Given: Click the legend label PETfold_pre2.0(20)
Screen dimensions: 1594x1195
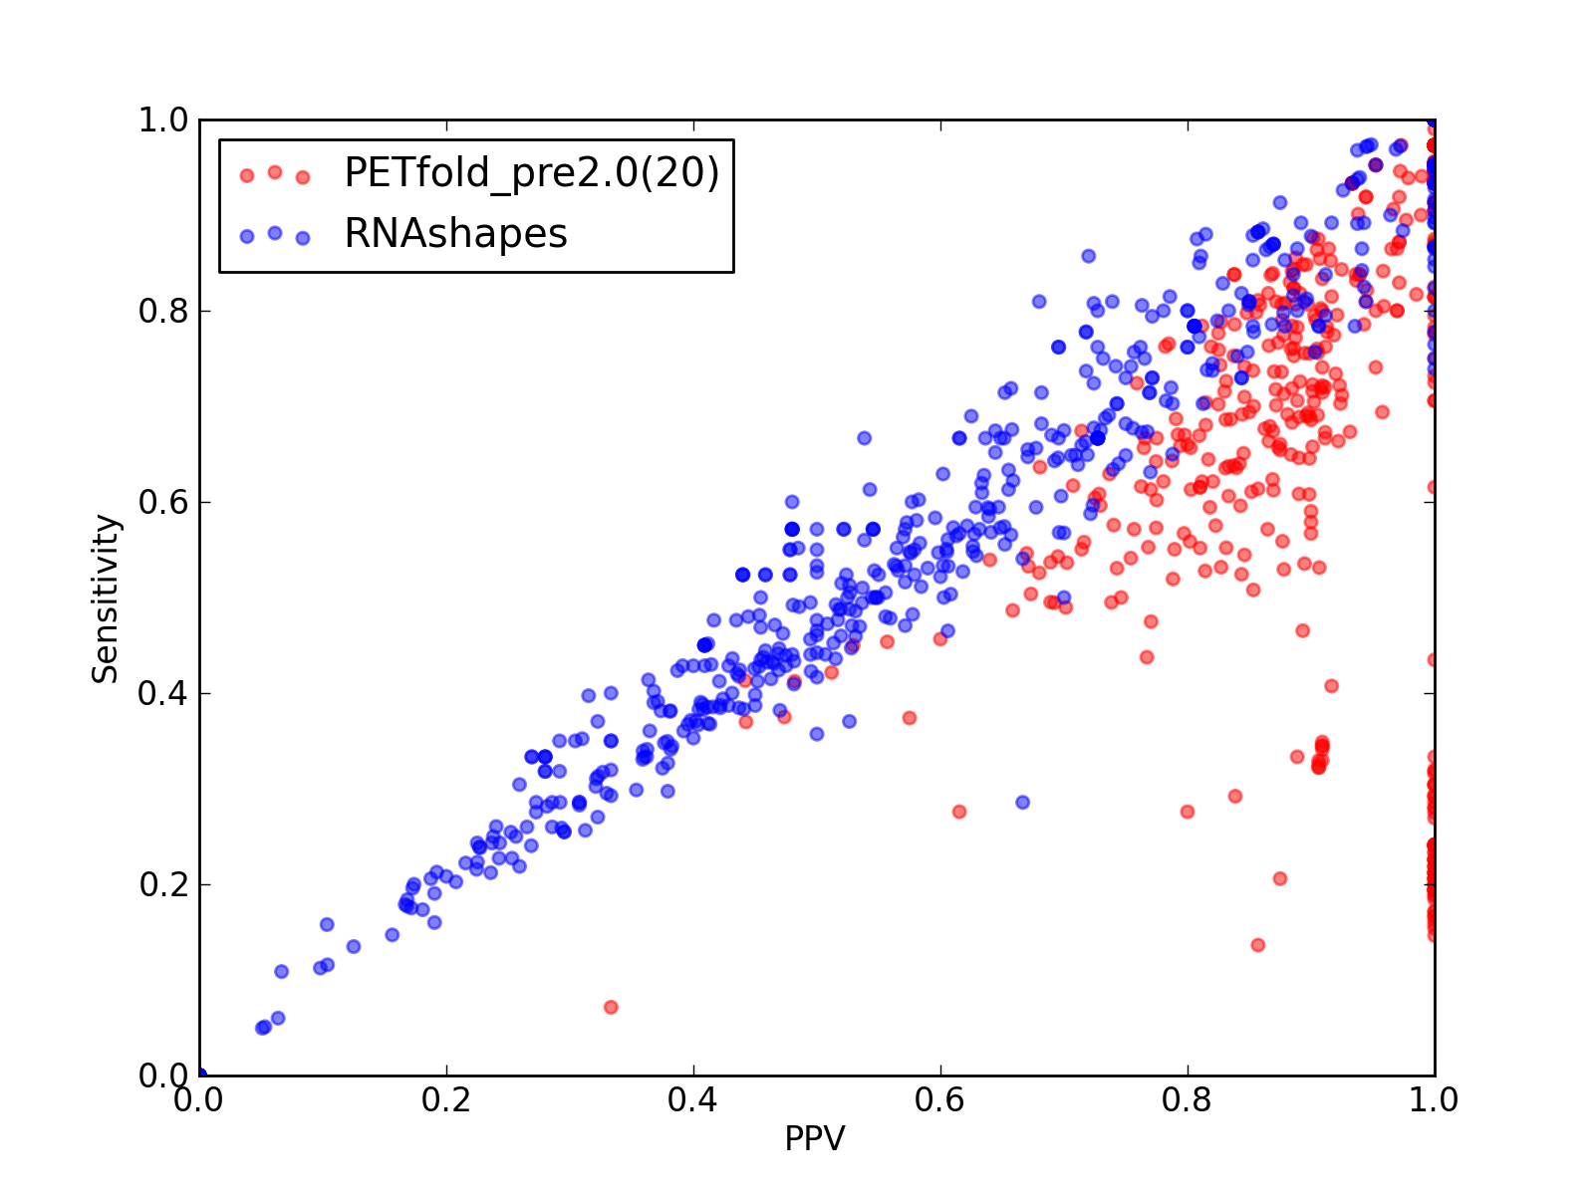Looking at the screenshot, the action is [532, 174].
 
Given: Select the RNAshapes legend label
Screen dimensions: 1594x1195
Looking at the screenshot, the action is [456, 234].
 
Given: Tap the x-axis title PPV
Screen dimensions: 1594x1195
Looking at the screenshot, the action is [815, 1138].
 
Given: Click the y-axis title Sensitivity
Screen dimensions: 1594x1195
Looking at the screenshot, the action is [106, 598].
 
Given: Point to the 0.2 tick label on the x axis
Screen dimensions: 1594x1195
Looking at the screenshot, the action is [446, 1100].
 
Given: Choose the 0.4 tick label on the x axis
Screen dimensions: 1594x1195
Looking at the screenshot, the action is [692, 1100].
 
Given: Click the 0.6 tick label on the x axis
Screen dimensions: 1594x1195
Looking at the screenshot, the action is [939, 1100].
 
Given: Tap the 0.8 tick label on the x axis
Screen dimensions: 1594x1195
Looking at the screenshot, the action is [1187, 1100].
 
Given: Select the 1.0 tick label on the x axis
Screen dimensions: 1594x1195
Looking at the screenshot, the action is [1434, 1100].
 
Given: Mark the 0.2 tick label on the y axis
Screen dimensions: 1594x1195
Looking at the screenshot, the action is [164, 884].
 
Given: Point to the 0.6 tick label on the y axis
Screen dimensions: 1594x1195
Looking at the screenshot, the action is [164, 502].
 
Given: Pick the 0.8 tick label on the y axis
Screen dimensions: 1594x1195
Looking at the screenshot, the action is [164, 312].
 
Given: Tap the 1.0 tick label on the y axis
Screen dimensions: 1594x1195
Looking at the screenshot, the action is [164, 119].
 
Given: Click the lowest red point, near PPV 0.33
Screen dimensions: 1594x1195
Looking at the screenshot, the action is [611, 1007].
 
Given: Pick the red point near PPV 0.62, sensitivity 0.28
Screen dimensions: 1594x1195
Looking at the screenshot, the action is [959, 812].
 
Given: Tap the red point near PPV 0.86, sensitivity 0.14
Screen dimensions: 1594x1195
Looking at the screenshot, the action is [1258, 945].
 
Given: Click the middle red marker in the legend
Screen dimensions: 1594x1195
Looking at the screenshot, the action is [275, 172].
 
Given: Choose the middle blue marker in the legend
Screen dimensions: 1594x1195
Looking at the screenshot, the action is [275, 233].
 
